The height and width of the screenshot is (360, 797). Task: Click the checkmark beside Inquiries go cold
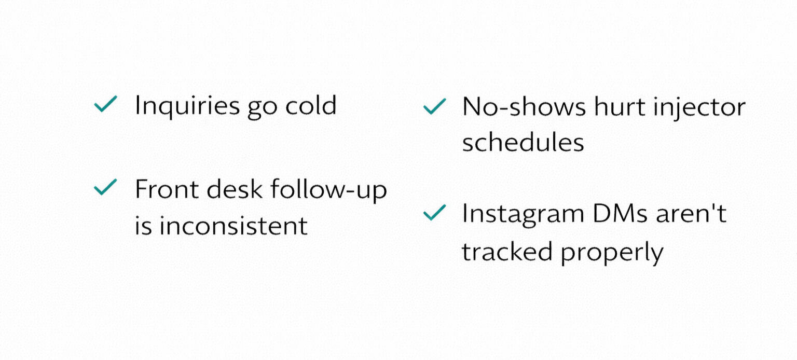click(x=105, y=104)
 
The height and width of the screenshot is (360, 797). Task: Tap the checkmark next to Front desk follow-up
click(x=105, y=187)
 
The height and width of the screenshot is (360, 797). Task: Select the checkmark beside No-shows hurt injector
click(x=434, y=106)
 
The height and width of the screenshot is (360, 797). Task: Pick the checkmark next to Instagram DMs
click(x=434, y=212)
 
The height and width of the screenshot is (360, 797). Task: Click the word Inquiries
click(x=187, y=106)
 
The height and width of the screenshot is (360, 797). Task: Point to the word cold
click(x=311, y=105)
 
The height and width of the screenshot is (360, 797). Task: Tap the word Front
click(x=167, y=188)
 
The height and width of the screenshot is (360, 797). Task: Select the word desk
click(x=235, y=188)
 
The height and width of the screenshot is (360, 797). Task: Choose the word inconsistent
click(x=233, y=226)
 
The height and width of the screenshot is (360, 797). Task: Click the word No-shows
click(x=524, y=106)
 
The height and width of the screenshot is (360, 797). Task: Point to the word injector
click(x=699, y=108)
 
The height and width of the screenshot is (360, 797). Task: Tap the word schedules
click(x=523, y=142)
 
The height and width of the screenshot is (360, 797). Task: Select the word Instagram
click(x=523, y=215)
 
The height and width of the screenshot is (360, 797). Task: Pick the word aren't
click(x=691, y=213)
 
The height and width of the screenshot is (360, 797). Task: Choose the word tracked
click(x=506, y=251)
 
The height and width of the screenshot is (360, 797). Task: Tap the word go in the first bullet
click(x=262, y=108)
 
